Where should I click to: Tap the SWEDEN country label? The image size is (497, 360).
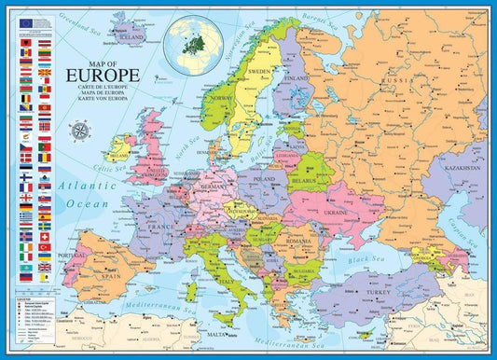(x=259, y=71)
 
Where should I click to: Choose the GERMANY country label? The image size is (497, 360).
(x=214, y=187)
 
